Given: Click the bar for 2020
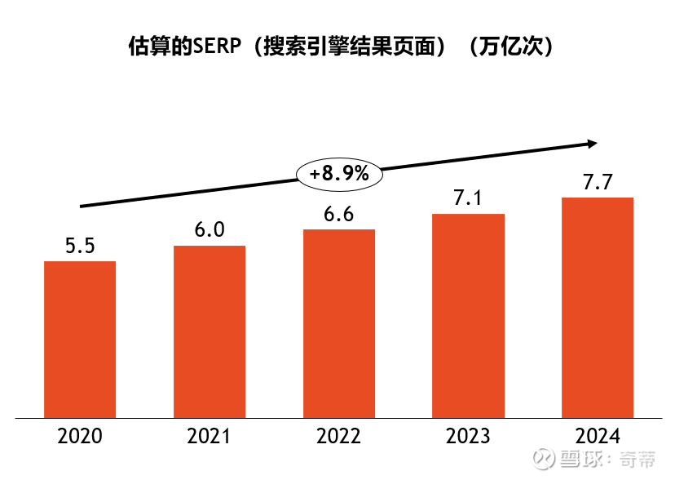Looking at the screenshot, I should tap(80, 340).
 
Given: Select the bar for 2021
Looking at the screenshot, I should tap(210, 331).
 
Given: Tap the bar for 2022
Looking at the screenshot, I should tap(339, 323).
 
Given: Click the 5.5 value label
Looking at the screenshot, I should tap(80, 246).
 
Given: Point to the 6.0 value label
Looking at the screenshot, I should tap(210, 229).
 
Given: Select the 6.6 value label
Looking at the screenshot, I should tap(339, 214).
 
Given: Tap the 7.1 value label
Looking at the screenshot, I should tap(468, 198).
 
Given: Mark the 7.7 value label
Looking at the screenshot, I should tap(598, 182).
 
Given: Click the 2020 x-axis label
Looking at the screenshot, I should tap(80, 437).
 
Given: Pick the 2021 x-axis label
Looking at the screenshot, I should tap(210, 437).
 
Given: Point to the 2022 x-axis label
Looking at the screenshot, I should tap(339, 437).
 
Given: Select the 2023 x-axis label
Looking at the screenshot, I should tap(468, 437).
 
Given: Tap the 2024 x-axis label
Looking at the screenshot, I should tap(598, 437).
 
